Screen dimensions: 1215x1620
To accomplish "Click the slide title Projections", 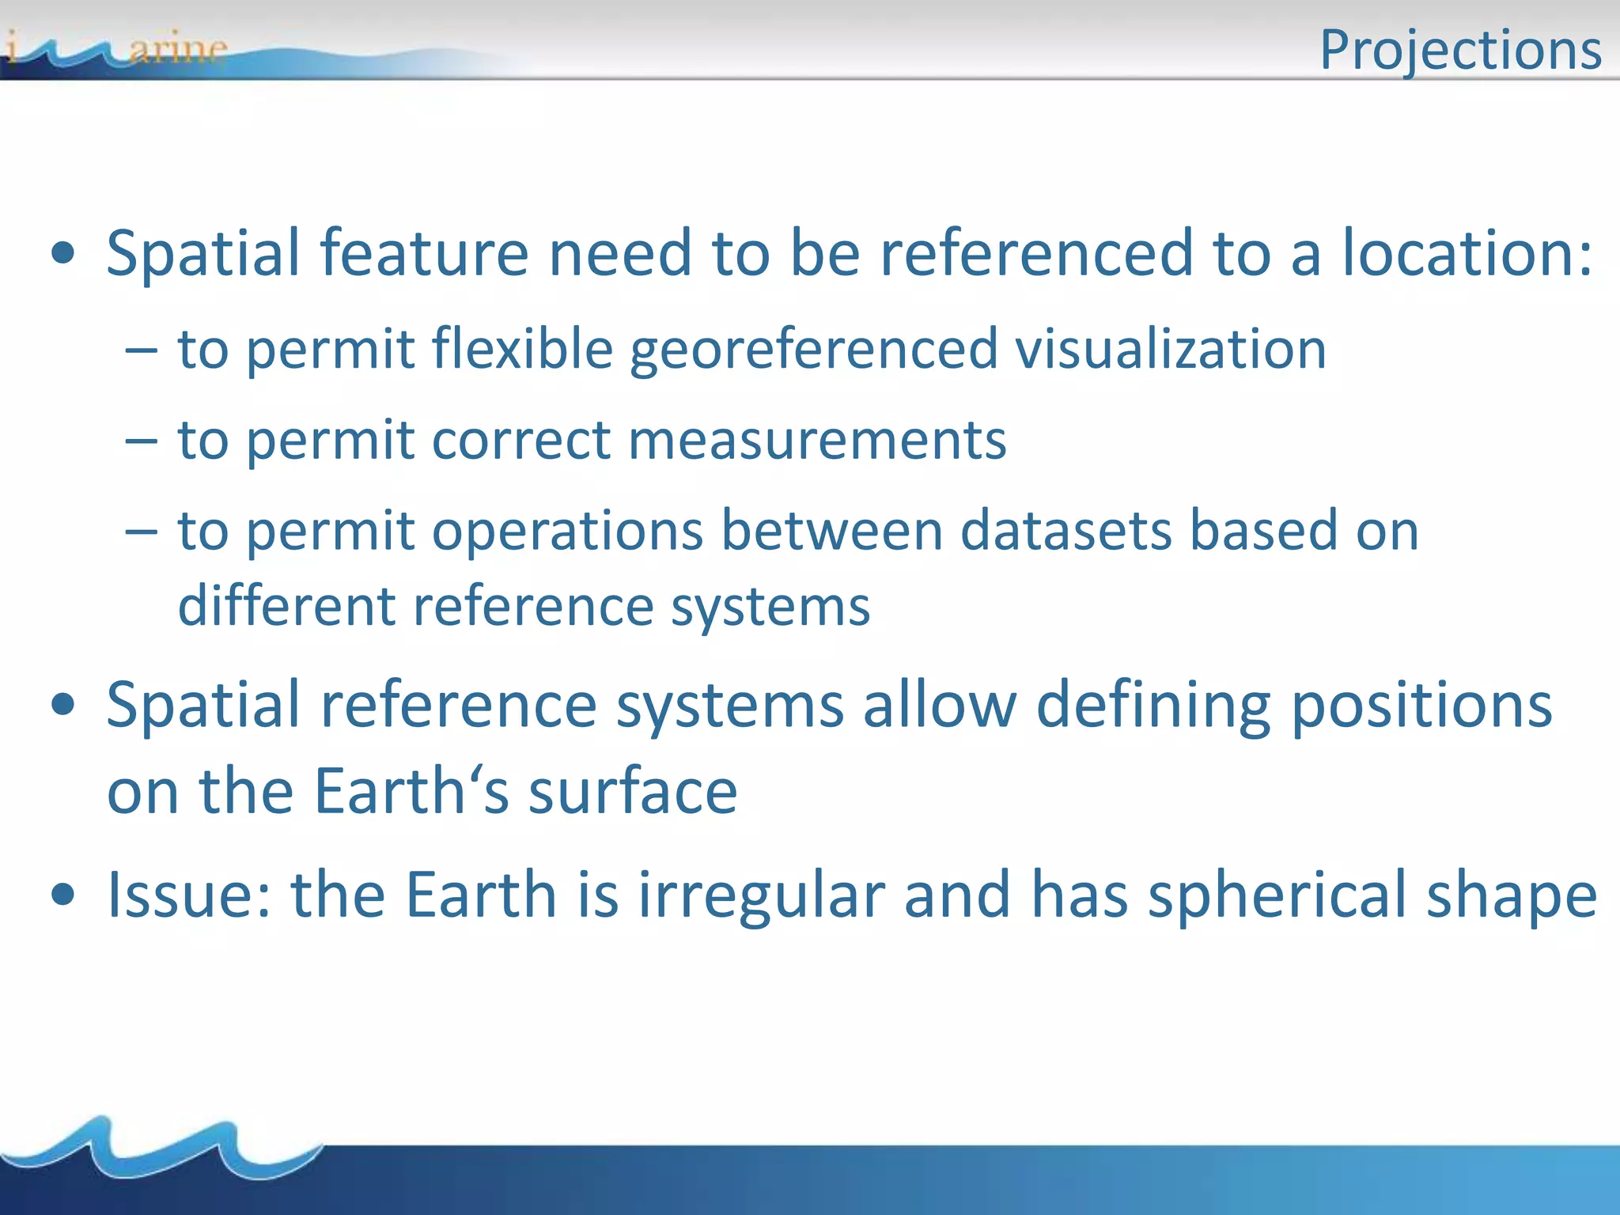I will [1460, 49].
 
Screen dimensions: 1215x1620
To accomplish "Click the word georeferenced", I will [814, 349].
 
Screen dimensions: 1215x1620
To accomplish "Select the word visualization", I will [1171, 349].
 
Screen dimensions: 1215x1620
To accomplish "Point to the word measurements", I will [817, 440].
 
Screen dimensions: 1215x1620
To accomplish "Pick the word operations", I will [567, 531].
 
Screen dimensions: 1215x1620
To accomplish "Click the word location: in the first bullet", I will [1467, 253].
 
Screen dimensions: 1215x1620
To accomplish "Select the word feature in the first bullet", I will [424, 253].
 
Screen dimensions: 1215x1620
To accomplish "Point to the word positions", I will [1421, 705].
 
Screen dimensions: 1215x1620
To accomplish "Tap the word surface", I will [633, 791].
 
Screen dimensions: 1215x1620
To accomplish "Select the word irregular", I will [762, 895].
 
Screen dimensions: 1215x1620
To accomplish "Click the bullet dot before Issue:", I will [63, 896].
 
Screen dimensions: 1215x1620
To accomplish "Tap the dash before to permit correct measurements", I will [142, 441].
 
